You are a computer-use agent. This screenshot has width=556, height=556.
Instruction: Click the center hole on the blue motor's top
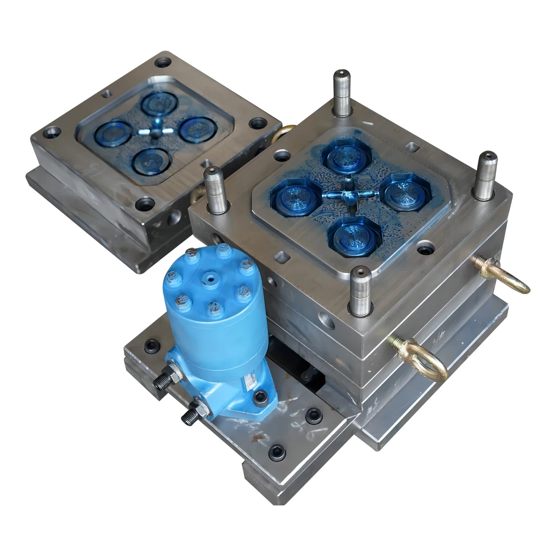tap(209, 279)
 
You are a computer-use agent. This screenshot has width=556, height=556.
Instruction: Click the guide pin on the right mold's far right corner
tap(486, 174)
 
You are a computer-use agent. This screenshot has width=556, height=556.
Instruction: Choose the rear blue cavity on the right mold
tap(342, 157)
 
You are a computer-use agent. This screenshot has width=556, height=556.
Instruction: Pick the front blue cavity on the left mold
tap(148, 161)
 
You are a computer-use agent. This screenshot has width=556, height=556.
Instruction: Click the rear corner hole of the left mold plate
tap(162, 63)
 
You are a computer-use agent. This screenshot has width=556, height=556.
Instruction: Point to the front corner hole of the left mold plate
tap(146, 205)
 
